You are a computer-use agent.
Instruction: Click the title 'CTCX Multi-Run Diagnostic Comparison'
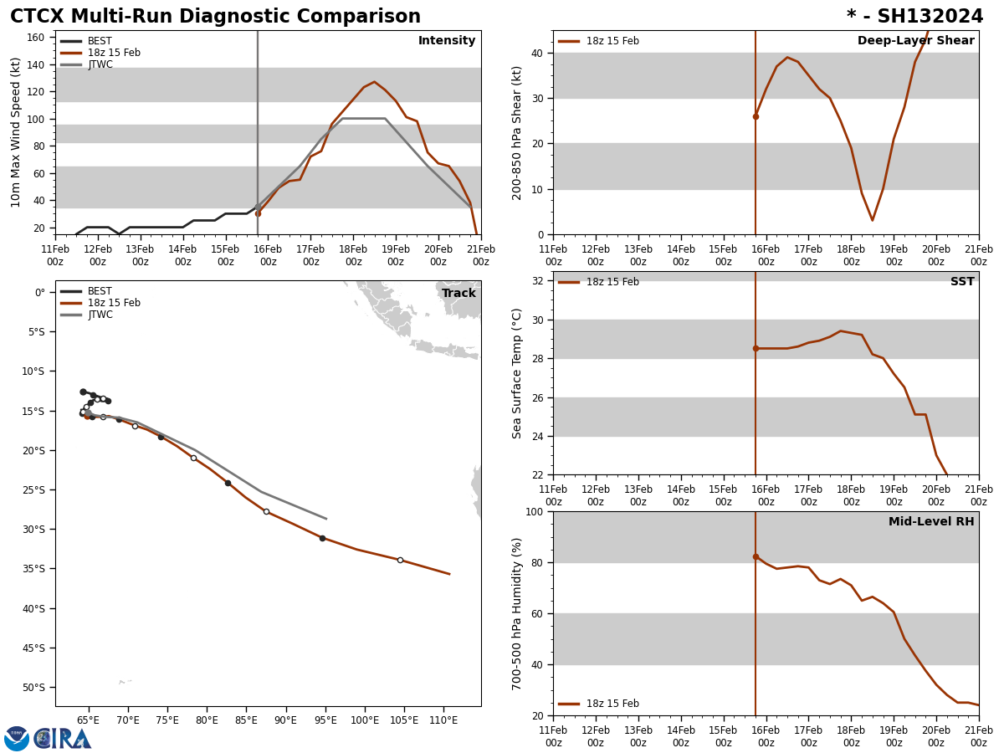[x=215, y=17]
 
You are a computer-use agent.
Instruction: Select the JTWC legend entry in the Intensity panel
[x=100, y=64]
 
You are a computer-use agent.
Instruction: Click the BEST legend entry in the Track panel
[x=100, y=291]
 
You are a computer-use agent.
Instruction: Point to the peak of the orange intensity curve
[x=374, y=82]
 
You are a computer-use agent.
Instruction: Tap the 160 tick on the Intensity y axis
[x=36, y=38]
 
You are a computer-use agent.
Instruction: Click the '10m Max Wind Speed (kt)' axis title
[x=16, y=132]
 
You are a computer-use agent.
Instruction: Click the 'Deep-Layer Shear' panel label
[x=915, y=41]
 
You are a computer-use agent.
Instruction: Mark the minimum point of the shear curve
[x=872, y=220]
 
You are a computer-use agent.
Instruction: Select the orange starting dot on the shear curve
[x=756, y=116]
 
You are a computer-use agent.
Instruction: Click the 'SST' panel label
[x=962, y=282]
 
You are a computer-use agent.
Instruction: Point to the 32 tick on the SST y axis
[x=537, y=281]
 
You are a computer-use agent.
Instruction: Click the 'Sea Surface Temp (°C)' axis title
[x=518, y=373]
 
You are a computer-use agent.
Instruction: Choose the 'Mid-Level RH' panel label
[x=931, y=522]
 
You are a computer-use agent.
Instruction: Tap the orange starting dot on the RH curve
[x=756, y=556]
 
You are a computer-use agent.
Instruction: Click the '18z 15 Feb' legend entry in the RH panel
[x=612, y=704]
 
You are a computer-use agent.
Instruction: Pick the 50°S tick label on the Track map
[x=33, y=688]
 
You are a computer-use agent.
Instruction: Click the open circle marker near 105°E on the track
[x=400, y=560]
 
